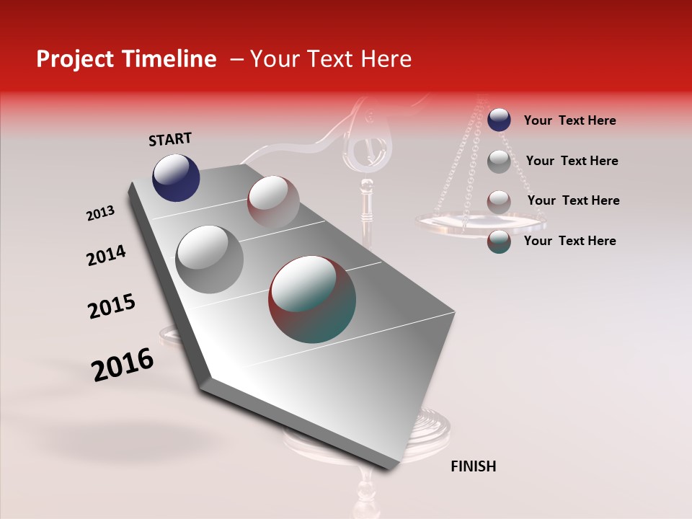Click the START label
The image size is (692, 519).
(x=170, y=139)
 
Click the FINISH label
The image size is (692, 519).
(x=473, y=466)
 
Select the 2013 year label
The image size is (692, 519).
(x=101, y=213)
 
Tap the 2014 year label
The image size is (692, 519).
(x=106, y=256)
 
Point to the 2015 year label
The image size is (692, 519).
(x=112, y=306)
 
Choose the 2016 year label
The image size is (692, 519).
(x=123, y=365)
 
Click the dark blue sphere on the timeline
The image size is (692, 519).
(x=176, y=177)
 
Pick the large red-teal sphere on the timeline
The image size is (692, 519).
(x=312, y=299)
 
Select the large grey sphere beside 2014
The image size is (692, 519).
(x=210, y=259)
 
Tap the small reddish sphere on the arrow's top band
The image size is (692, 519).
(x=273, y=201)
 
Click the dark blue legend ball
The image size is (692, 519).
(x=499, y=120)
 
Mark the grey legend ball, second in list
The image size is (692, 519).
(x=499, y=161)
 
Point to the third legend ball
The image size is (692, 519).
(x=499, y=201)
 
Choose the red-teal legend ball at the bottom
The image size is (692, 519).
(x=499, y=241)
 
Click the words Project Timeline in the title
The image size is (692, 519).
(x=126, y=59)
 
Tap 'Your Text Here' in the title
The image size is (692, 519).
(x=331, y=59)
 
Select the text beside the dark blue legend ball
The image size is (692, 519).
(x=569, y=120)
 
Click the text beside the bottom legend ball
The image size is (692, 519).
(x=569, y=241)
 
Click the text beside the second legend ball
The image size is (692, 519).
(x=572, y=161)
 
